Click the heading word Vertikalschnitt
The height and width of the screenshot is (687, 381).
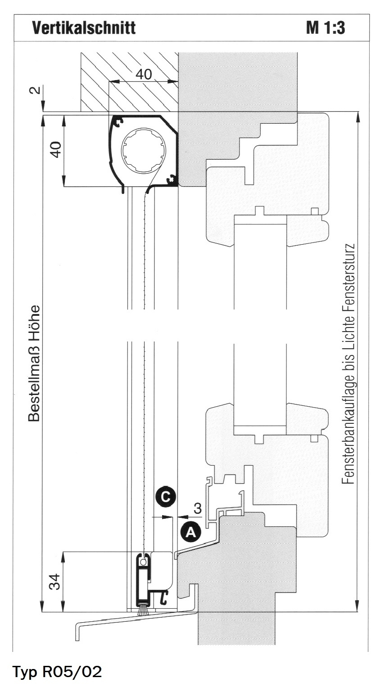pyautogui.click(x=84, y=27)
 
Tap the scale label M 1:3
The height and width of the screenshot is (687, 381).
pyautogui.click(x=326, y=27)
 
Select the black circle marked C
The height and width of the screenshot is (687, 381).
pyautogui.click(x=165, y=496)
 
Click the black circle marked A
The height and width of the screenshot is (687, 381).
pyautogui.click(x=190, y=532)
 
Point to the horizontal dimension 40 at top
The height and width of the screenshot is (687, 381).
pyautogui.click(x=144, y=74)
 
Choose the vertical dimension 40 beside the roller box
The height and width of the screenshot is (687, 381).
pyautogui.click(x=56, y=149)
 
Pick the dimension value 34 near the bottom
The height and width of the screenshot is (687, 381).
pyautogui.click(x=55, y=581)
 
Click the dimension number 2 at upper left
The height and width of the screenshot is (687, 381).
pyautogui.click(x=36, y=90)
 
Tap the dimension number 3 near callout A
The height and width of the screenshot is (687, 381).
pyautogui.click(x=198, y=508)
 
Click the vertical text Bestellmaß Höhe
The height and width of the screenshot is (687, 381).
pyautogui.click(x=34, y=363)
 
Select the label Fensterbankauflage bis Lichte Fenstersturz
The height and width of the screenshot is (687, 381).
pyautogui.click(x=349, y=364)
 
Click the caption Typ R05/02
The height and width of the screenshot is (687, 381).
pyautogui.click(x=57, y=671)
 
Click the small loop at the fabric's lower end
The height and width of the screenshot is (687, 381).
pyautogui.click(x=143, y=561)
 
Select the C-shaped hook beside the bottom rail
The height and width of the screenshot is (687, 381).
pyautogui.click(x=163, y=597)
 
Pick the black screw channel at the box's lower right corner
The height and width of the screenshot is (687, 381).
pyautogui.click(x=172, y=180)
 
